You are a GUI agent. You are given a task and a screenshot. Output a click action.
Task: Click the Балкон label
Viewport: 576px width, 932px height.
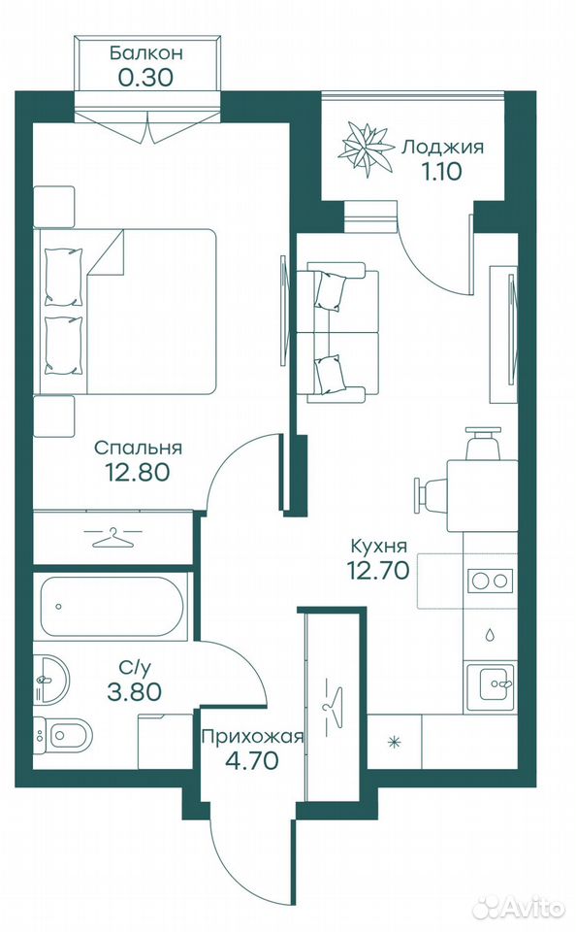[x=145, y=52]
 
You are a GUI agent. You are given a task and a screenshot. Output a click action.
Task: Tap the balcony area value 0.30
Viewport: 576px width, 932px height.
[x=145, y=78]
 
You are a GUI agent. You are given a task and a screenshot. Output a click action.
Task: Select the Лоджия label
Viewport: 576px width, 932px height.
[x=442, y=147]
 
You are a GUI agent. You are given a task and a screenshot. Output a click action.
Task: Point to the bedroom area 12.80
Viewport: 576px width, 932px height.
[x=137, y=472]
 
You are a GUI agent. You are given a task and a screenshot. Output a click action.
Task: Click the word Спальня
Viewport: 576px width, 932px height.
[x=138, y=448]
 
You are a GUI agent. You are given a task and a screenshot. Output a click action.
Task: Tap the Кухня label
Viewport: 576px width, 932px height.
[x=379, y=546]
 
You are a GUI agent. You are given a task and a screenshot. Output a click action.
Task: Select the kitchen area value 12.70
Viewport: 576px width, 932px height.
[x=378, y=570]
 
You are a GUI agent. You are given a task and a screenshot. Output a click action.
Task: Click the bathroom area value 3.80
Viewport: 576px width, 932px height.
[x=134, y=691]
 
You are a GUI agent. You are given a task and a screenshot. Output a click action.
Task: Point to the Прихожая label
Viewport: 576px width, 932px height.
[x=252, y=738]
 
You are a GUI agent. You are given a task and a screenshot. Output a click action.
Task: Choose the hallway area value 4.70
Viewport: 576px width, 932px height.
[x=252, y=760]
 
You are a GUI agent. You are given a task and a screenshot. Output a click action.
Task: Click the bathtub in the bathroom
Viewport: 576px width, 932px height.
[x=112, y=606]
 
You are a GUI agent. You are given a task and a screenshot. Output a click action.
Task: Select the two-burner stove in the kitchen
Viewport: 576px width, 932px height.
[x=490, y=581]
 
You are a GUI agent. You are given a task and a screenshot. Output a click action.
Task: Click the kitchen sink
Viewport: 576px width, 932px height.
[x=490, y=687]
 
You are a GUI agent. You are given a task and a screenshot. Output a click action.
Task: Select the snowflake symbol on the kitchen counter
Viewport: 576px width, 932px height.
[x=393, y=741]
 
